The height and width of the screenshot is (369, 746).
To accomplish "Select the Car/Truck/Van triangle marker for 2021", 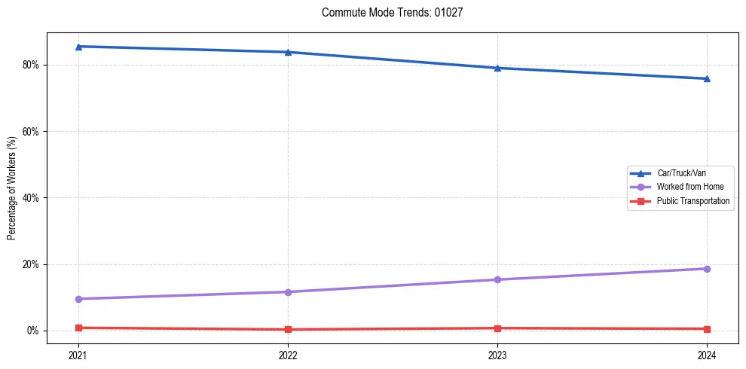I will [x=79, y=47].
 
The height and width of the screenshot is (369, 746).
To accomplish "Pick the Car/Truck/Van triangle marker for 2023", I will [x=497, y=68].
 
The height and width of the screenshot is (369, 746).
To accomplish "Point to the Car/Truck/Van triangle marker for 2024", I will [x=707, y=78].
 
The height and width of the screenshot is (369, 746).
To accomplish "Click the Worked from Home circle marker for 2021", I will [x=79, y=299].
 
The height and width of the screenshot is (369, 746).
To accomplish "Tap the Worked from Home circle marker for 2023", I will [x=497, y=279].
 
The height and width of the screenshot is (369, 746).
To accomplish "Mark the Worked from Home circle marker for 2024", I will [x=707, y=269].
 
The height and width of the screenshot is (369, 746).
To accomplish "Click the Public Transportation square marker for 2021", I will [x=79, y=328].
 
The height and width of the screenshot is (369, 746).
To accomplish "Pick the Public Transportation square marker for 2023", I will [x=497, y=328].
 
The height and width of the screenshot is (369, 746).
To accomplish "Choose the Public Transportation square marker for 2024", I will [x=707, y=329].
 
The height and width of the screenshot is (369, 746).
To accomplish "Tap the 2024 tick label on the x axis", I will [x=707, y=355].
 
